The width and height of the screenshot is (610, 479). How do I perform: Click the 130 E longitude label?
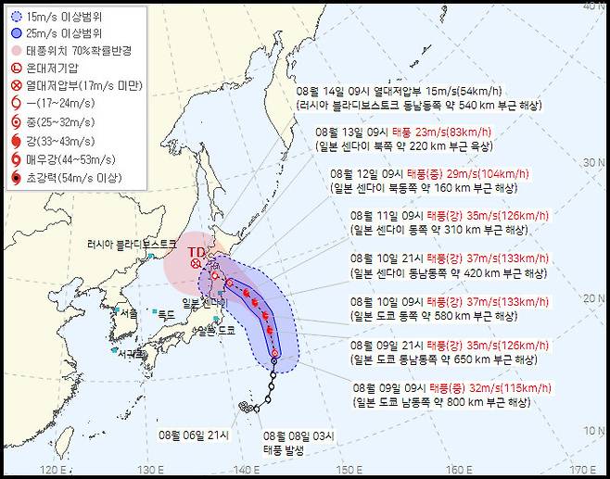[x=149, y=469]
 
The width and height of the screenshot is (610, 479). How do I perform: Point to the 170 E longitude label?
[x=582, y=469]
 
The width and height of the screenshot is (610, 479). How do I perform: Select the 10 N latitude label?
[x=593, y=431]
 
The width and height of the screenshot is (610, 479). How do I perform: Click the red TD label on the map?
[x=197, y=251]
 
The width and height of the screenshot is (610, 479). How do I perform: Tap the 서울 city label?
[x=130, y=313]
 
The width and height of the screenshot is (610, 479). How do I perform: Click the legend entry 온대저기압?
[x=55, y=69]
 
